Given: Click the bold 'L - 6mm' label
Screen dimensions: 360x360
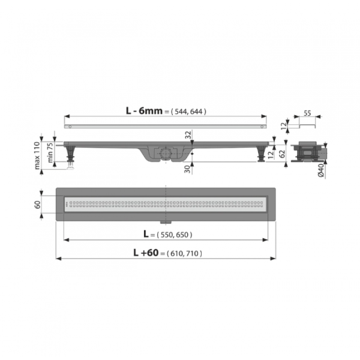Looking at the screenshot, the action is (x=144, y=111).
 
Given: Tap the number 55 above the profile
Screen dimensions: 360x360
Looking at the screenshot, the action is (x=307, y=113).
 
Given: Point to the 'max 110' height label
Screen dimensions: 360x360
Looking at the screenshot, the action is (x=37, y=155).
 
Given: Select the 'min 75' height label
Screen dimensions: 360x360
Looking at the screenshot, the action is (x=50, y=152).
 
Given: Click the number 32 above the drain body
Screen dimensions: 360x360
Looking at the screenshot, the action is (x=188, y=135).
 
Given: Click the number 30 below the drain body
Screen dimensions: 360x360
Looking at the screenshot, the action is (x=188, y=169).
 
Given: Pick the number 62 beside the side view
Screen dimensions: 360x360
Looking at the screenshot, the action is (x=283, y=154).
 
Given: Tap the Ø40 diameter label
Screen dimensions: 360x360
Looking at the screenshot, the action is (x=321, y=170).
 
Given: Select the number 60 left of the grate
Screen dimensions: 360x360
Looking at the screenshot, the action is (x=37, y=205).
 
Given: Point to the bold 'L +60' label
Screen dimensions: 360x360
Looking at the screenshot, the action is (x=146, y=253).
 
